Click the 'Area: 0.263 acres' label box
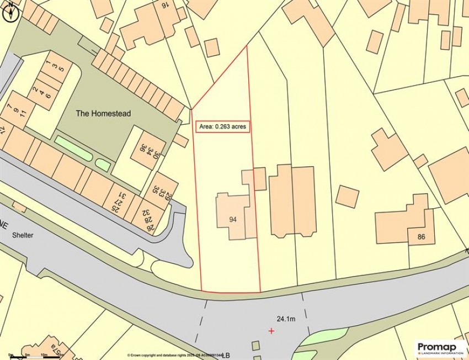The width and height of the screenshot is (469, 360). click(x=223, y=127)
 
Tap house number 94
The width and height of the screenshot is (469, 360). click(x=233, y=219)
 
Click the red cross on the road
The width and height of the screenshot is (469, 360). click(x=271, y=331)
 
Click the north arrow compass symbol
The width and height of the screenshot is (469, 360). click(x=9, y=13)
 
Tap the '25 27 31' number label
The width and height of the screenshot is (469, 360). click(x=120, y=202)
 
